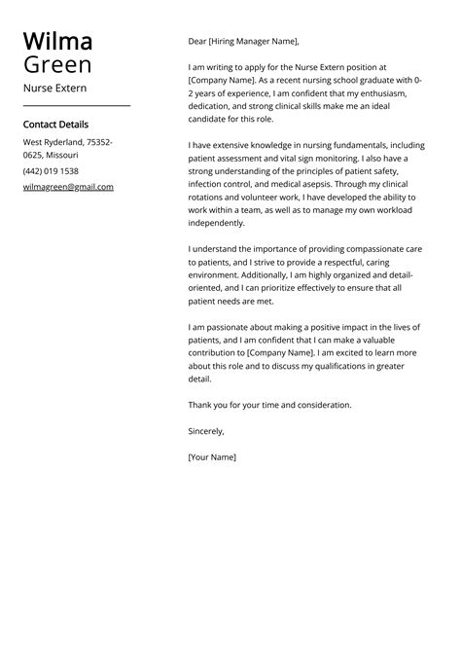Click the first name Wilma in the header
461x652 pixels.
pyautogui.click(x=57, y=41)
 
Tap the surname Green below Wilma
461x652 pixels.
pyautogui.click(x=57, y=65)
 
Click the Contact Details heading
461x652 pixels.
pyautogui.click(x=55, y=125)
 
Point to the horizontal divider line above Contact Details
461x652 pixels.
pyautogui.click(x=76, y=105)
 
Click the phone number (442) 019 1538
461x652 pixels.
pyautogui.click(x=51, y=171)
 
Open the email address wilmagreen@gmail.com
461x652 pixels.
pyautogui.click(x=68, y=187)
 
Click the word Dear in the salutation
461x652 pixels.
pyautogui.click(x=197, y=42)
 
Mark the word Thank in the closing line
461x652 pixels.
pyautogui.click(x=200, y=405)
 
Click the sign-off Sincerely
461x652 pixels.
pyautogui.click(x=206, y=430)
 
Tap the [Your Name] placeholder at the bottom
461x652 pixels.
pyautogui.click(x=212, y=456)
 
